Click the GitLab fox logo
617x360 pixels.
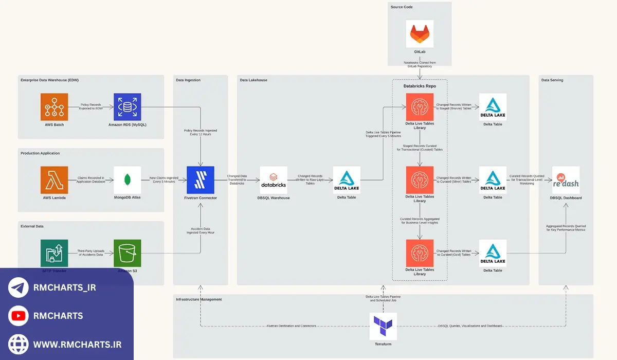420,34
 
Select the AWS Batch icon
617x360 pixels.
55,107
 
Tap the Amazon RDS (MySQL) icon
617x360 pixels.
128,107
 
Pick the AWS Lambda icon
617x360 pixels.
55,180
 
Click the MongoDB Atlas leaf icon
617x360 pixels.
128,180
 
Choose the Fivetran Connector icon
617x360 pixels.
201,180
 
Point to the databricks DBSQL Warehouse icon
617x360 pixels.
274,180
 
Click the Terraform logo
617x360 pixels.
383,327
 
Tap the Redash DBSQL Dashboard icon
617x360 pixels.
566,180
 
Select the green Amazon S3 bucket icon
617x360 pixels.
128,253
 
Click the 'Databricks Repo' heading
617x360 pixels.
420,86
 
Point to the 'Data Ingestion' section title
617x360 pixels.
188,80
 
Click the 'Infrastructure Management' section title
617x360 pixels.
199,299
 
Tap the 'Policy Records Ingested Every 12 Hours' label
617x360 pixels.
201,132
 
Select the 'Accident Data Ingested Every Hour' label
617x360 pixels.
201,231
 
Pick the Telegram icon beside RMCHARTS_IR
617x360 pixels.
18,287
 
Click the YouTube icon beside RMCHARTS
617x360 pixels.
18,316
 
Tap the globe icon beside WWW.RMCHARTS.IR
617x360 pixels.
18,344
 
